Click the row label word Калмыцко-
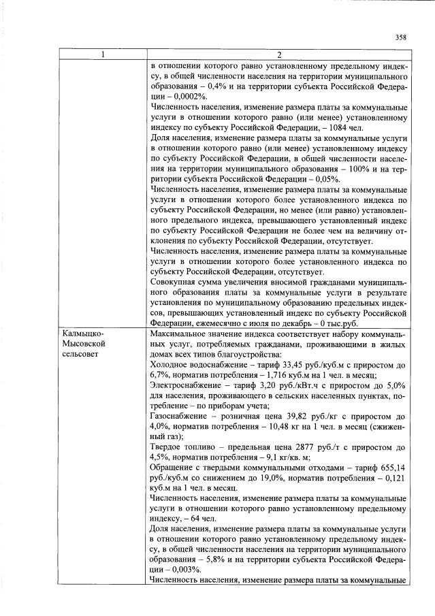point(82,334)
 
